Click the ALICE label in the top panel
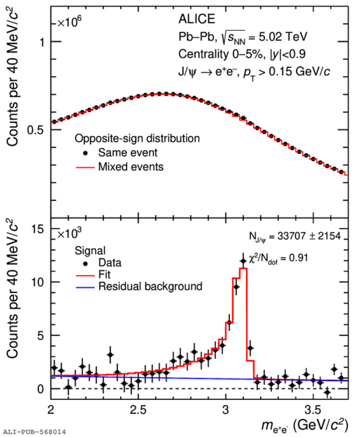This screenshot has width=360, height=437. [x=196, y=19]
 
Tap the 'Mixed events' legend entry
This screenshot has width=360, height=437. [x=120, y=167]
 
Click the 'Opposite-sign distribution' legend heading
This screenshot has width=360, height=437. [x=137, y=138]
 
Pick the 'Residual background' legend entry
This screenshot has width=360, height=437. [x=139, y=286]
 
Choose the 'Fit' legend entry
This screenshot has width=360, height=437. [x=93, y=274]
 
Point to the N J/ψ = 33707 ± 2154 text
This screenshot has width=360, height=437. [x=295, y=237]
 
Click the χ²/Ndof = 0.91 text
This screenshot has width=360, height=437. [x=279, y=258]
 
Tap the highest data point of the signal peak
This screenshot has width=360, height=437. [x=243, y=261]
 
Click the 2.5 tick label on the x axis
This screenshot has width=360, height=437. [x=139, y=410]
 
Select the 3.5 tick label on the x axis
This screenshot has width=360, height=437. [x=313, y=410]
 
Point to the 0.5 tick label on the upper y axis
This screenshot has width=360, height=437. [x=36, y=130]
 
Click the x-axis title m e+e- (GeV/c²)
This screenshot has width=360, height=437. [x=305, y=426]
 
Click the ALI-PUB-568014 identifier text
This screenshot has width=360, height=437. [x=33, y=432]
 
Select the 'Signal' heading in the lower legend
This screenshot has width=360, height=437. [x=90, y=251]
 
